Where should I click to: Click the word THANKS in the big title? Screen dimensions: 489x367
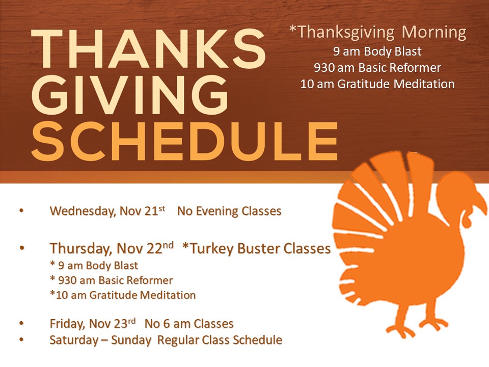tap(148, 48)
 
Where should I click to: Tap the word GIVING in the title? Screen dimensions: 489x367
tap(130, 95)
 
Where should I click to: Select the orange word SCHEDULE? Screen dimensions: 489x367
tap(184, 141)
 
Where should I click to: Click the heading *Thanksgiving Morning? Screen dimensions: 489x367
tap(377, 33)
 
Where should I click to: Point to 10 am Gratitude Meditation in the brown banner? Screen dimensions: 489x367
tap(377, 84)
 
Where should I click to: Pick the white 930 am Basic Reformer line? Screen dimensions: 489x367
tap(377, 68)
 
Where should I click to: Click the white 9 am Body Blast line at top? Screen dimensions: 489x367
tap(377, 51)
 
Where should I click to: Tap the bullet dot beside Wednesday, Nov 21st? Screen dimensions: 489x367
tap(21, 211)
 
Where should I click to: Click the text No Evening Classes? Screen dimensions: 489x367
tap(229, 211)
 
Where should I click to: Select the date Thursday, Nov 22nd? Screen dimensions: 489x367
tap(112, 248)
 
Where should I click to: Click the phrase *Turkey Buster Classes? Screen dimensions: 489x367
tap(256, 249)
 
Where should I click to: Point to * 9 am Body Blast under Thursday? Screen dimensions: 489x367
tap(94, 265)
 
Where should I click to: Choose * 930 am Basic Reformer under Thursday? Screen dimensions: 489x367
tap(112, 280)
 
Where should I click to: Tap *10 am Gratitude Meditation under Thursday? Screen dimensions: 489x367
tap(123, 295)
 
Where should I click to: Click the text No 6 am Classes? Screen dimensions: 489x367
tap(189, 324)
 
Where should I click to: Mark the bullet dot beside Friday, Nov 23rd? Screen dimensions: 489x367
tap(21, 323)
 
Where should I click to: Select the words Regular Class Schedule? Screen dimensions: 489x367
tap(220, 340)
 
